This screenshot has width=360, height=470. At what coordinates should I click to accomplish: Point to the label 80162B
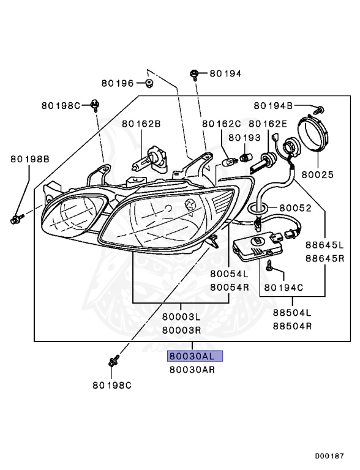141,124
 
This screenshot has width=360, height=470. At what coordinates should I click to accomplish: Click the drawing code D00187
331,455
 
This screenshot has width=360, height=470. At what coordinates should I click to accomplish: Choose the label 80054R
229,286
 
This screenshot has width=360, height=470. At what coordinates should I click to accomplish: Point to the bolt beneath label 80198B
17,217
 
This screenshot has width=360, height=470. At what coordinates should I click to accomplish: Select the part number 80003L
181,317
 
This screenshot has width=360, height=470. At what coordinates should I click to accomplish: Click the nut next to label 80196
149,82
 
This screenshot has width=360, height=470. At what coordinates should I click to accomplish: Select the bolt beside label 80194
193,74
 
